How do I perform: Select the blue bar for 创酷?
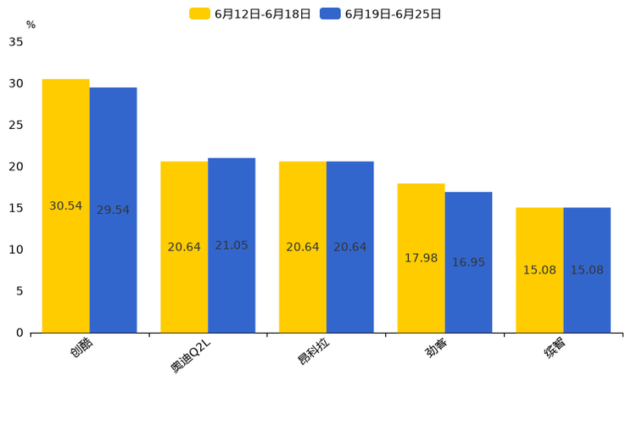[113, 153]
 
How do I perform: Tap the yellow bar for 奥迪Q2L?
[184, 204]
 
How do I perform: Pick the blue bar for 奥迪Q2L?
[232, 204]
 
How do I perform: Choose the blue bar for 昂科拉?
[350, 204]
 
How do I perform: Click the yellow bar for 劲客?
[421, 221]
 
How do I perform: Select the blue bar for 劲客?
[468, 229]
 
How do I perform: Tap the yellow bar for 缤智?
[539, 246]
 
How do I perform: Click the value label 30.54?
[65, 206]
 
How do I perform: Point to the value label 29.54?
[113, 210]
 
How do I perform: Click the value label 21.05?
[232, 245]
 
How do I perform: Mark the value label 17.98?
[421, 258]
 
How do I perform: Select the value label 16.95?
[468, 262]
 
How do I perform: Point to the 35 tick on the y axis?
[16, 42]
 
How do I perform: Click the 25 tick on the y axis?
[16, 125]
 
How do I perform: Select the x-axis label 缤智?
[556, 348]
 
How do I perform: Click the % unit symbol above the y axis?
[31, 25]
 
